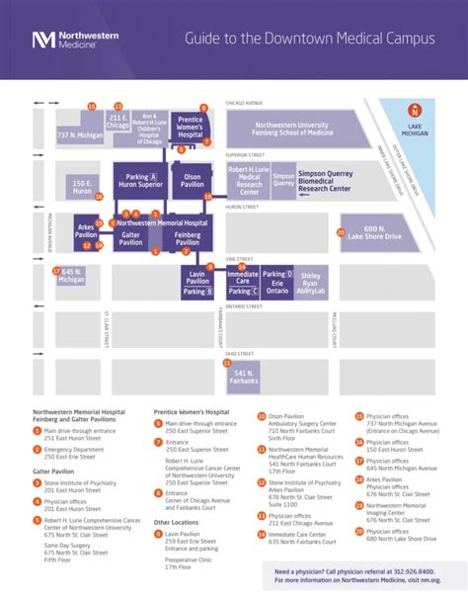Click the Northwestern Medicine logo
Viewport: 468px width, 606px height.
click(75, 40)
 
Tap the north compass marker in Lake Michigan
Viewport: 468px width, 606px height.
click(416, 112)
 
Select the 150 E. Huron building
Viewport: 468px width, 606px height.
click(82, 187)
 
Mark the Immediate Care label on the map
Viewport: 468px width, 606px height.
click(242, 277)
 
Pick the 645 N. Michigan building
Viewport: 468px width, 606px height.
click(71, 276)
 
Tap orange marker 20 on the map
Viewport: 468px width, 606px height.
click(340, 233)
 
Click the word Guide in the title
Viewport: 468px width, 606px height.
click(205, 39)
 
